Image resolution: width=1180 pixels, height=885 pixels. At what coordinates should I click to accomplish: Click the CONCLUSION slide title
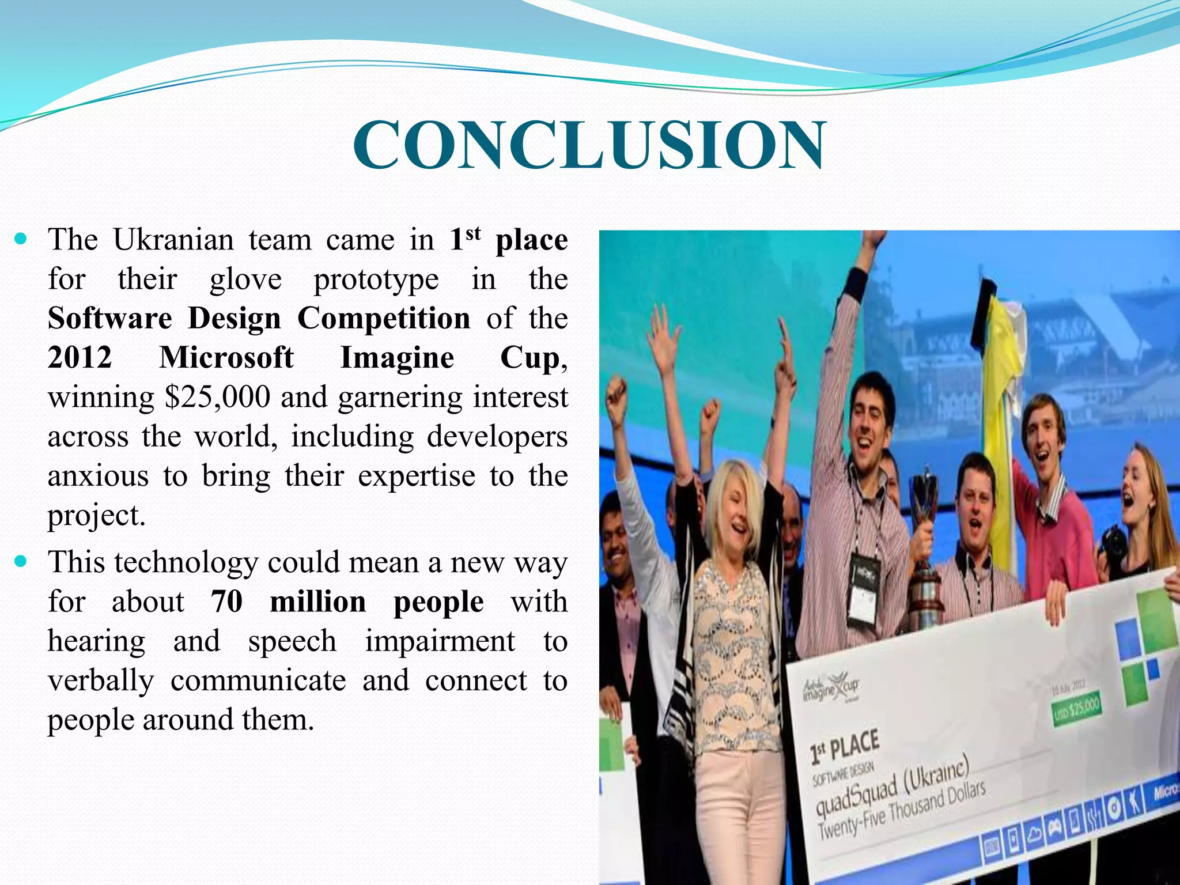(x=589, y=145)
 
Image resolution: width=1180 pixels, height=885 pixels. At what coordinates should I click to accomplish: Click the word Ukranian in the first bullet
(x=173, y=240)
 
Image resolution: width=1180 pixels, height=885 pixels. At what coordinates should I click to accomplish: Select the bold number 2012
(x=80, y=357)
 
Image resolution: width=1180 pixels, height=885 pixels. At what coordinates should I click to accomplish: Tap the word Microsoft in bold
(x=226, y=357)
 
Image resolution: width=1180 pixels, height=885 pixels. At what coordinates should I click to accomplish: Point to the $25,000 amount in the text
(x=217, y=397)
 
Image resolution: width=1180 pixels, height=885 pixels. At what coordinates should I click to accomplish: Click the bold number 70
(x=226, y=602)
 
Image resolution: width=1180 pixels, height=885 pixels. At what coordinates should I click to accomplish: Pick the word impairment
(x=440, y=641)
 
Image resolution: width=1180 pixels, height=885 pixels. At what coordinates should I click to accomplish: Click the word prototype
(x=376, y=279)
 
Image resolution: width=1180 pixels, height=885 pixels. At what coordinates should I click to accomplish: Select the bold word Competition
(x=384, y=318)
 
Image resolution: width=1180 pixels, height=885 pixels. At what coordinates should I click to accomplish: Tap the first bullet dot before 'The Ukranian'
(x=21, y=238)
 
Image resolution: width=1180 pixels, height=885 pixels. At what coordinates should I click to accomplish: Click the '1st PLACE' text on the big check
(x=845, y=746)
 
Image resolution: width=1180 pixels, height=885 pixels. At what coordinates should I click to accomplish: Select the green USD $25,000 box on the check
(x=1076, y=710)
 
